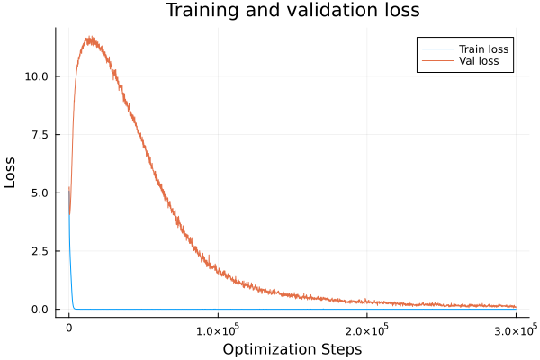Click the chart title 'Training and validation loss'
point(292,11)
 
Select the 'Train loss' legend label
point(484,49)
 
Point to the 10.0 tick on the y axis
point(39,76)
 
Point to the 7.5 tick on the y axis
point(42,135)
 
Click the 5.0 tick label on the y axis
point(42,193)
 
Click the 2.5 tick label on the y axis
point(42,251)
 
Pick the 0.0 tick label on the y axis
point(42,309)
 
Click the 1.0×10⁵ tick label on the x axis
point(217,329)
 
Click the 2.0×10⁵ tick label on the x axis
point(366,329)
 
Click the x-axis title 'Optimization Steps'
point(292,348)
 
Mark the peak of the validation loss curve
point(90,38)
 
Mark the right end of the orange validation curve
point(517,307)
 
